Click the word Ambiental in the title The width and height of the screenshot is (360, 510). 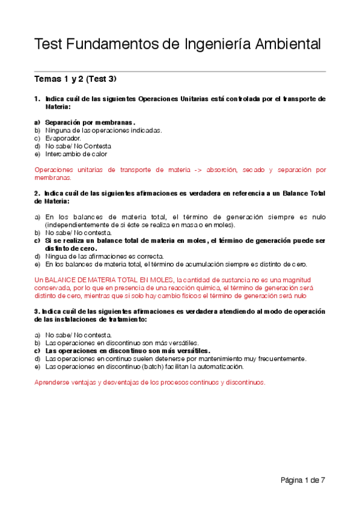click(288, 45)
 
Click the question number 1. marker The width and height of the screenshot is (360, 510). click(37, 99)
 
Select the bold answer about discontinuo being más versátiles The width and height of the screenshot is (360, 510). click(127, 351)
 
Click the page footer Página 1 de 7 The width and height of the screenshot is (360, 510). click(302, 480)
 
